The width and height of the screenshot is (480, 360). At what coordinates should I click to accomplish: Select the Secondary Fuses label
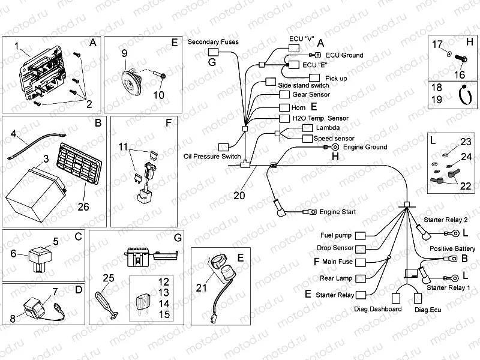click(213, 42)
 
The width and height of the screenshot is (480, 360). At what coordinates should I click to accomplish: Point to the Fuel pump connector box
click(362, 235)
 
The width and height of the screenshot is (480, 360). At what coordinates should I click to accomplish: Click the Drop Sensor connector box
click(362, 248)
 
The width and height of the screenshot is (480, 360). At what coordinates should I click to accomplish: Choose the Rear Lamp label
click(336, 278)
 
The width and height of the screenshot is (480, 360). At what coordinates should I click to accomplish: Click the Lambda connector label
click(326, 128)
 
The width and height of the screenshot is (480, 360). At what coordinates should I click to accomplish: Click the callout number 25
click(108, 277)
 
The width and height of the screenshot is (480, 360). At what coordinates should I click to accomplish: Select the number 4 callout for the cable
click(14, 134)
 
